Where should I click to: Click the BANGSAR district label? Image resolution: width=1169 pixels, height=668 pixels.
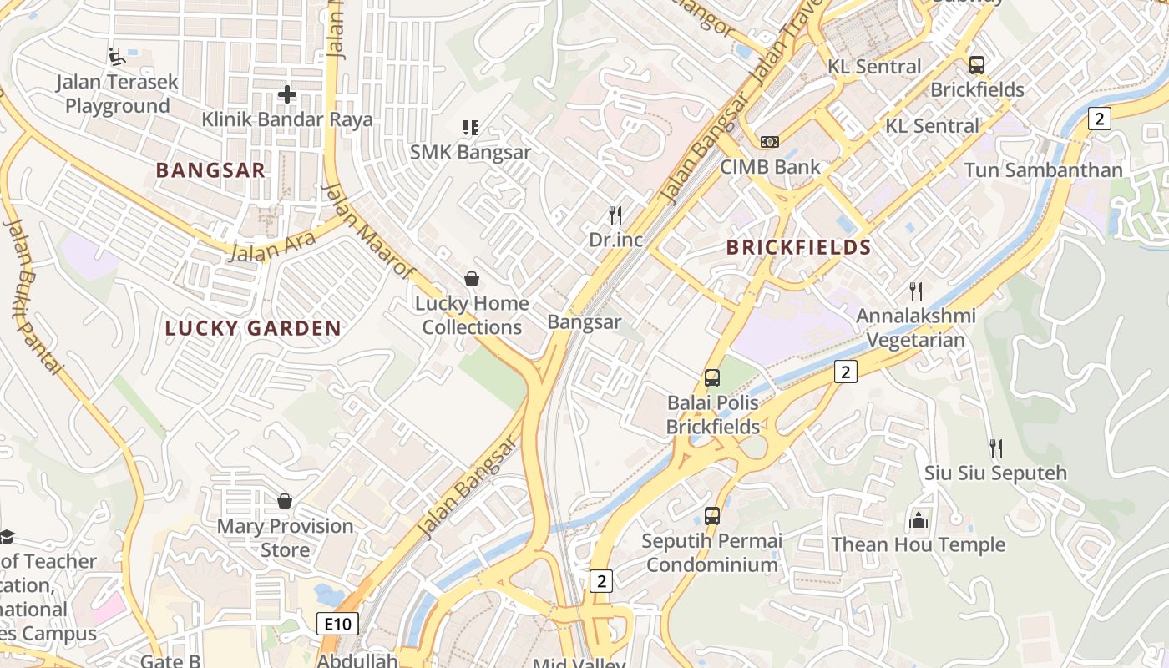click(210, 170)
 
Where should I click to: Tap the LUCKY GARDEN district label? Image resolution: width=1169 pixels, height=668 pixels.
click(253, 328)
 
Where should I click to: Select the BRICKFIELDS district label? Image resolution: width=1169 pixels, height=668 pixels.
click(798, 247)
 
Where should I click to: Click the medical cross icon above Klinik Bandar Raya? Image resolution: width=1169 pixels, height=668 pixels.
click(286, 94)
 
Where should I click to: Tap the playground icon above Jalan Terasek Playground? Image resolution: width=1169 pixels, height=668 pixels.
click(118, 58)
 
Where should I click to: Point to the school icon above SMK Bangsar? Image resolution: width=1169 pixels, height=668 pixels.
click(470, 128)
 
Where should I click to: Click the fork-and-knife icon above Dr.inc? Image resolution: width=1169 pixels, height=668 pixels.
click(615, 215)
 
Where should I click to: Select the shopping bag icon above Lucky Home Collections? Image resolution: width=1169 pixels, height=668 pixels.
click(472, 278)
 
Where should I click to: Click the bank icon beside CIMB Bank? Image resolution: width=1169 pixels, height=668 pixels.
click(770, 142)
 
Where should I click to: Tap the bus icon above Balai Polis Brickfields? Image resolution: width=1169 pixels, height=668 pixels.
click(712, 378)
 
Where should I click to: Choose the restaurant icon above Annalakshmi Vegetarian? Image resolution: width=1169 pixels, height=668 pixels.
click(916, 291)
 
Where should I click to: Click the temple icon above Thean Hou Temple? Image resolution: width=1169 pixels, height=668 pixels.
click(918, 520)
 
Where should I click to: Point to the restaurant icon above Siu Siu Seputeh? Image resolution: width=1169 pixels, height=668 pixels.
click(995, 448)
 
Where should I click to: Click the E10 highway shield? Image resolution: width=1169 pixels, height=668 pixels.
click(337, 623)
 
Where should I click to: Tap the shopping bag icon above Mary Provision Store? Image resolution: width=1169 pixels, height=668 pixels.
click(285, 501)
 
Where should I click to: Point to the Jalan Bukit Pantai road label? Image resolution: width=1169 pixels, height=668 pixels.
click(33, 296)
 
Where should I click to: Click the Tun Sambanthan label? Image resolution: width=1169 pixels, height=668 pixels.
click(1043, 170)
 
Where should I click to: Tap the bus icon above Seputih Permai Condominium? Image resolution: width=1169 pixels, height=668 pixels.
click(712, 516)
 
